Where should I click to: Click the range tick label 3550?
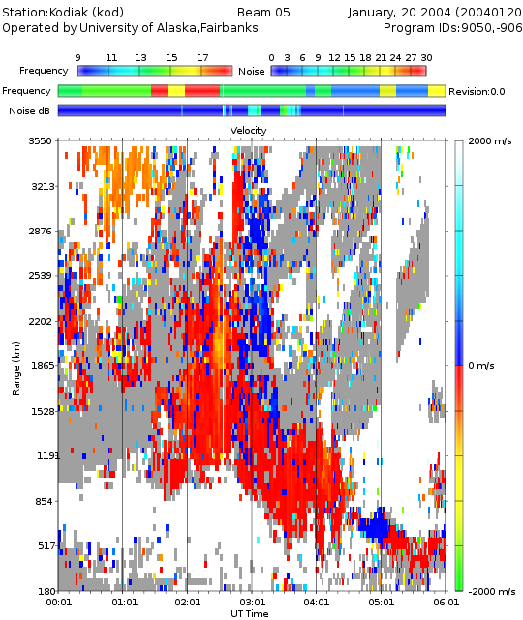(40, 141)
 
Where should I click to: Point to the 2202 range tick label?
(40, 321)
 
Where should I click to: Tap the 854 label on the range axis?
(45, 501)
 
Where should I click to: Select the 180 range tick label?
(46, 591)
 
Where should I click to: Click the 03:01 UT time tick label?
(252, 603)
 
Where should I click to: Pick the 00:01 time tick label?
(58, 603)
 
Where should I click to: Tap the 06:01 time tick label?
(446, 603)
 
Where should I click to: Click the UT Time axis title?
(250, 613)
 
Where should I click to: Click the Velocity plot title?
(248, 130)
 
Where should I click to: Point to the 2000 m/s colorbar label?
(490, 141)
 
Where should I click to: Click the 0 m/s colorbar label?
(481, 366)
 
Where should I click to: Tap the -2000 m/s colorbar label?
(492, 591)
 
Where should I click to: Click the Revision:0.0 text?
(477, 92)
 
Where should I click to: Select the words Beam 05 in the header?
(263, 13)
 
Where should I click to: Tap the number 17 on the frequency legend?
(202, 58)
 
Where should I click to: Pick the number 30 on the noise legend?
(426, 58)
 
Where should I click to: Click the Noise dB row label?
(30, 111)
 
